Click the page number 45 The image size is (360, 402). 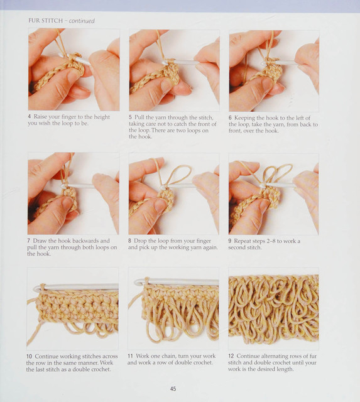click(173, 389)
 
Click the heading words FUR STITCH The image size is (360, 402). click(45, 21)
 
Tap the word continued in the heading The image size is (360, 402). click(82, 21)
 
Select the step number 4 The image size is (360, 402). click(30, 117)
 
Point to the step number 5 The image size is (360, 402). click(130, 117)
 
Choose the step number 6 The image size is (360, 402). click(230, 118)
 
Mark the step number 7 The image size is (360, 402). click(29, 241)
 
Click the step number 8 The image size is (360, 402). click(130, 241)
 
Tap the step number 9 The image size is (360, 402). click(230, 241)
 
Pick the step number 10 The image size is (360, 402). click(30, 356)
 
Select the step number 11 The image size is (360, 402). click(131, 356)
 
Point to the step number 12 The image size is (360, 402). click(231, 356)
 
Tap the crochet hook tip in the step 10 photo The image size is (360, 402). click(36, 289)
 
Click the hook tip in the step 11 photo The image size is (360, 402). click(136, 283)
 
